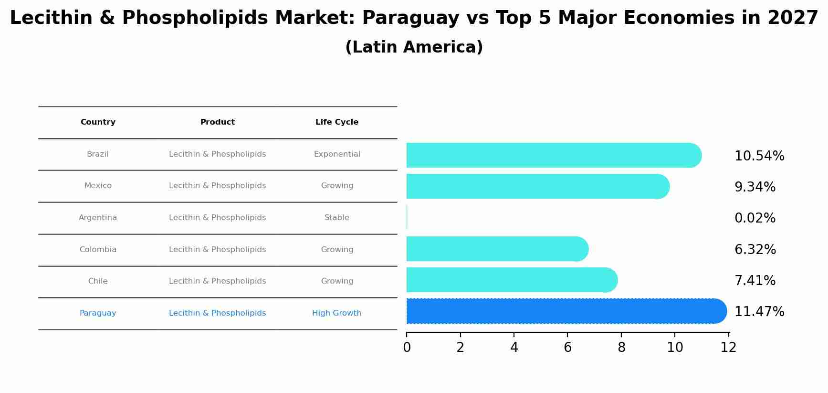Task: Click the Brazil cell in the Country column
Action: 98,154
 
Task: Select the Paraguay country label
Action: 98,313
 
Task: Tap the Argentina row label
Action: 98,218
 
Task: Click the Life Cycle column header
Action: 337,122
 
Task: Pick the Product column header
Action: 218,122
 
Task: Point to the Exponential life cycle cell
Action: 337,154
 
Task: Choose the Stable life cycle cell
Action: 337,218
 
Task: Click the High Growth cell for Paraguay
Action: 337,313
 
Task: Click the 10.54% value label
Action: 759,156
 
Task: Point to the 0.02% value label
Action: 755,218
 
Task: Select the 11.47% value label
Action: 759,312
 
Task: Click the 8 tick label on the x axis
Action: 621,348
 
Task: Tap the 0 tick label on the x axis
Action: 407,348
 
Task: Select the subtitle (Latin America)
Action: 414,47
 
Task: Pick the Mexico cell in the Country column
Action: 98,186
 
